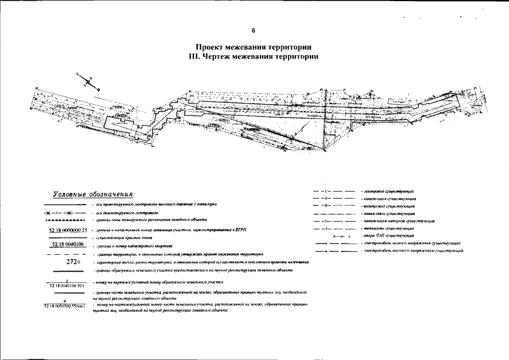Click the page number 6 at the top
[x=254, y=30]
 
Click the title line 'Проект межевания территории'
[x=254, y=47]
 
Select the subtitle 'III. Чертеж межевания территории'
[x=254, y=56]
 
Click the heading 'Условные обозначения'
[x=93, y=194]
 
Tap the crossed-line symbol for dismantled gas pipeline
[x=64, y=214]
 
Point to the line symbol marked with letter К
[x=333, y=199]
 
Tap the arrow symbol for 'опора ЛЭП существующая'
[x=334, y=236]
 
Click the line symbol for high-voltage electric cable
[x=334, y=250]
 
